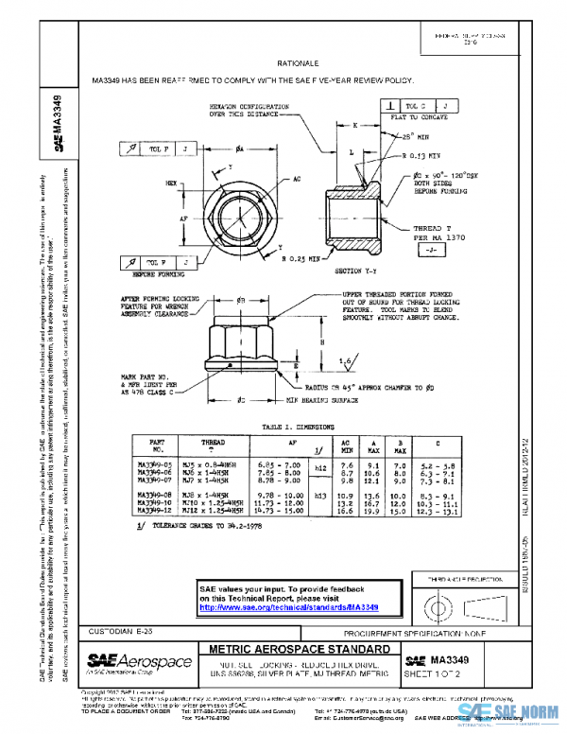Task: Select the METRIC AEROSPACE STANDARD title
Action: tap(299, 650)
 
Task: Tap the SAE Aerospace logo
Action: tap(124, 658)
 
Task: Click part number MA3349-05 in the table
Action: tap(158, 464)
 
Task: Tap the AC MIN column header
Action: tap(348, 446)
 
